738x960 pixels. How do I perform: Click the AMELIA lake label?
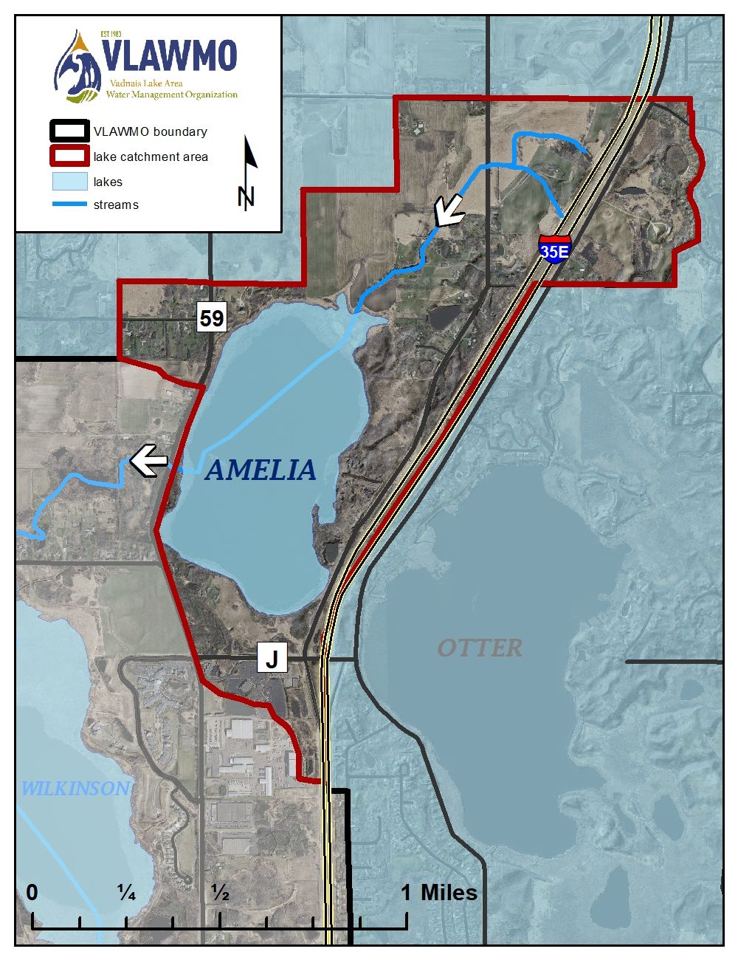pos(261,470)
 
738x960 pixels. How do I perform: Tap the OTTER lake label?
pos(480,648)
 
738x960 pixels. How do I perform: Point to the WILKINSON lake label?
pos(75,789)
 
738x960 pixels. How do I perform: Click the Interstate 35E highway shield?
pos(554,250)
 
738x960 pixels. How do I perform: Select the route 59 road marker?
pos(211,318)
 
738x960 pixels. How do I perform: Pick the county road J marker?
pos(272,658)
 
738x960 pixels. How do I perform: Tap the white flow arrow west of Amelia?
pos(150,461)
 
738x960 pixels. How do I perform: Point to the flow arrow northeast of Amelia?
pos(449,210)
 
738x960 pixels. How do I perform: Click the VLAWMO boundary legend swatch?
pos(69,131)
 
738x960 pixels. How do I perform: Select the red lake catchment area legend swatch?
pos(69,157)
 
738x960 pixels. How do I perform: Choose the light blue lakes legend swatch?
pos(69,182)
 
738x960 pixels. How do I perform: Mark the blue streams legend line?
pos(69,205)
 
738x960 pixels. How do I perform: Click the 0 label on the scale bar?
pos(32,892)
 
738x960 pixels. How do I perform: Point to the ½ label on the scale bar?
pos(220,894)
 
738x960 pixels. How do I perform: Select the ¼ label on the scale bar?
pos(126,894)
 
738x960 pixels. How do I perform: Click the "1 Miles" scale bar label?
pos(439,892)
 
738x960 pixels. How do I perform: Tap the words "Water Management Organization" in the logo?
pos(171,95)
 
